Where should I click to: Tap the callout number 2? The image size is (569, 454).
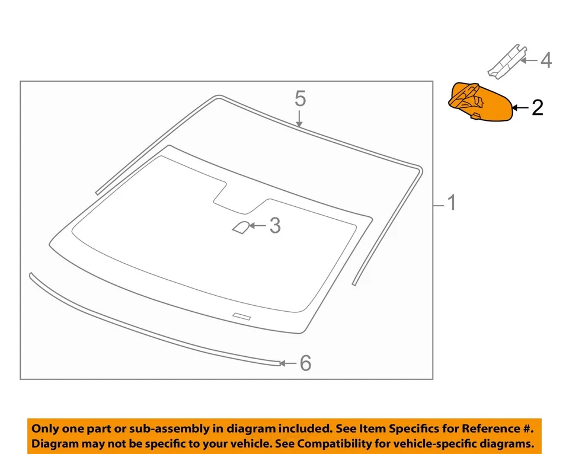[x=537, y=107]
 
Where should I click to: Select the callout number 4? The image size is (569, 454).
[x=545, y=60]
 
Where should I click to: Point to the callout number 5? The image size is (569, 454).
[x=301, y=98]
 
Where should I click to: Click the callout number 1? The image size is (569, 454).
[x=452, y=204]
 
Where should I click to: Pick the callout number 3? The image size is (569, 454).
[x=274, y=225]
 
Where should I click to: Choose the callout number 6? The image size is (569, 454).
[x=305, y=363]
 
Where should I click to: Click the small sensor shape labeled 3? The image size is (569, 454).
[x=241, y=227]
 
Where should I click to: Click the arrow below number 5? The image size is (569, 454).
[x=301, y=119]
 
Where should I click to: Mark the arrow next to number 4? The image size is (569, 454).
[x=529, y=60]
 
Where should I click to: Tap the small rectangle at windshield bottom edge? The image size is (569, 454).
[x=242, y=316]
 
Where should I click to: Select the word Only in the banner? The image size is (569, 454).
[x=45, y=429]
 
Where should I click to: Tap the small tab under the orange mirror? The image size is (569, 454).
[x=476, y=116]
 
